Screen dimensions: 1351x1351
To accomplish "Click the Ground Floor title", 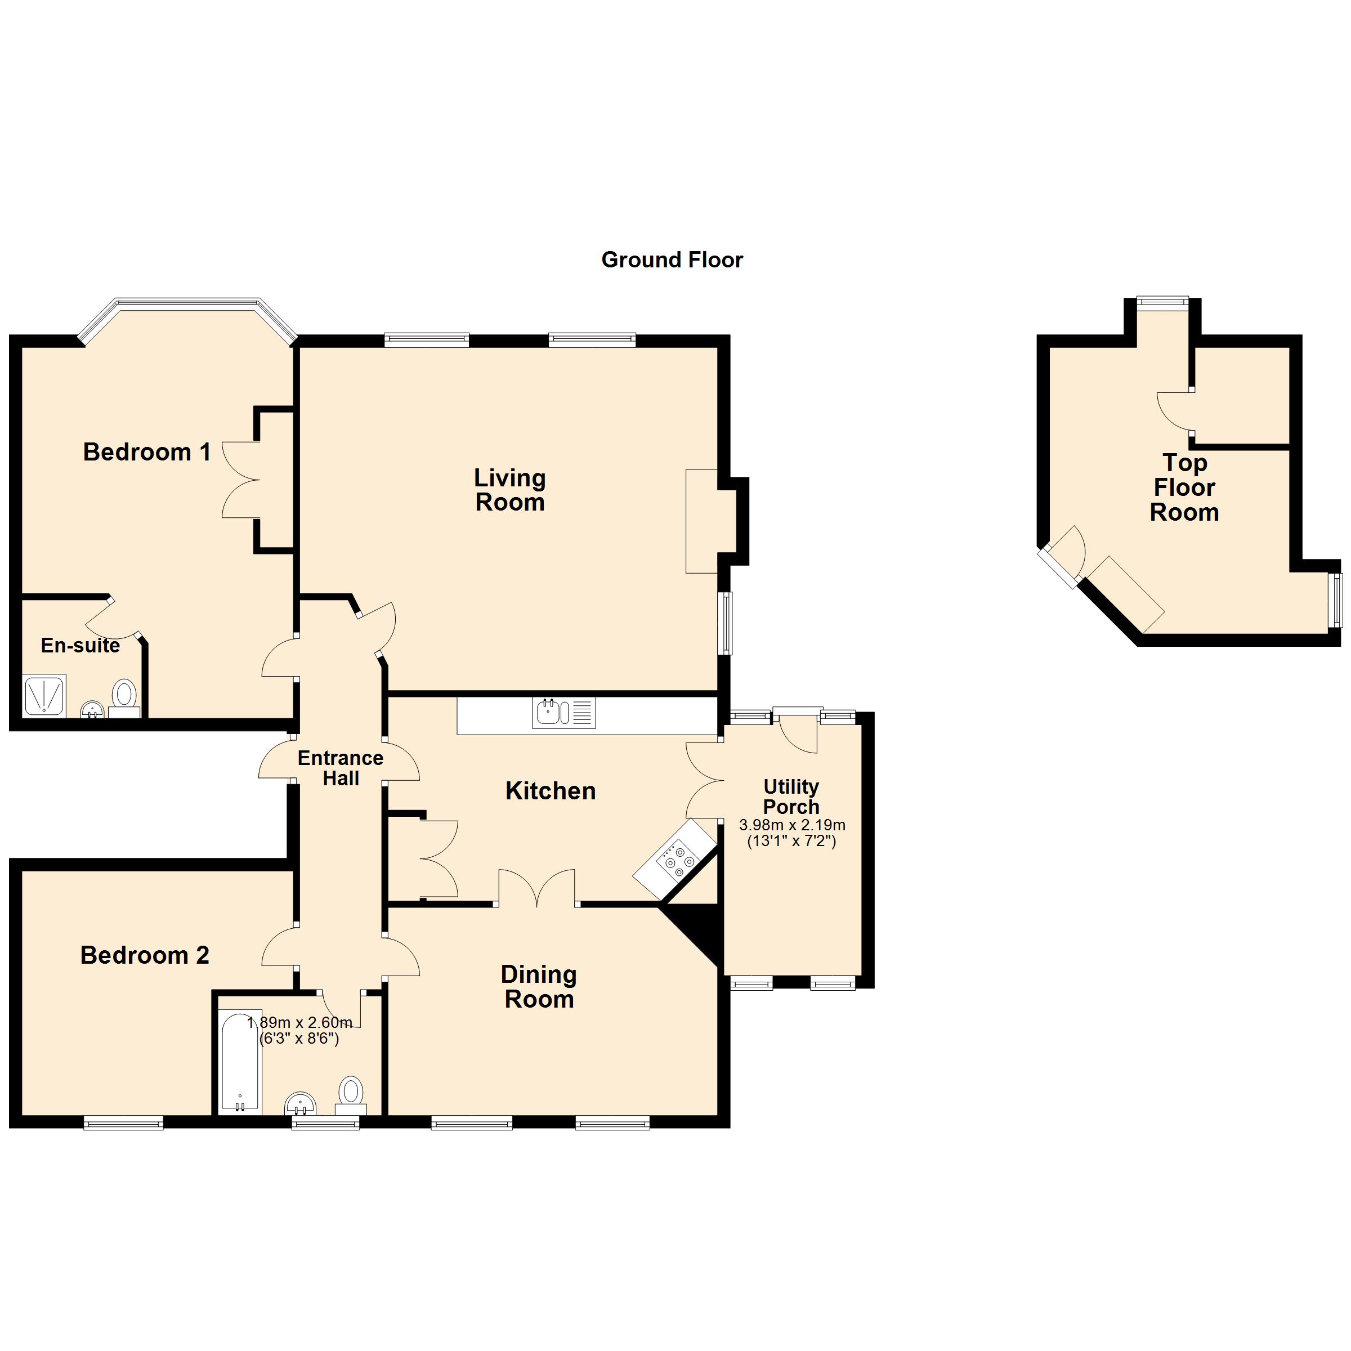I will point(672,260).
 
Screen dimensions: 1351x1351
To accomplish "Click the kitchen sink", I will point(549,713).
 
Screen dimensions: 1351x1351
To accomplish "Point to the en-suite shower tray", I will point(44,695).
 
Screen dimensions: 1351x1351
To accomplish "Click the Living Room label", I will point(510,490).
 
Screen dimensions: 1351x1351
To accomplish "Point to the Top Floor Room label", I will point(1184,487).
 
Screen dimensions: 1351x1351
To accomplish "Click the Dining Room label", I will point(539,987).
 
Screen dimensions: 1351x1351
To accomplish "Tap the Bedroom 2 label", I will point(145,955).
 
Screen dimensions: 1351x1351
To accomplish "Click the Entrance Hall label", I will point(341,768).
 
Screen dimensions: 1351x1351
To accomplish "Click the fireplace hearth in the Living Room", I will point(701,521).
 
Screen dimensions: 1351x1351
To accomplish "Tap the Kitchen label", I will point(551,791).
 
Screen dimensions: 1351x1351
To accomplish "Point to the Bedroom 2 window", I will point(124,1123).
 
